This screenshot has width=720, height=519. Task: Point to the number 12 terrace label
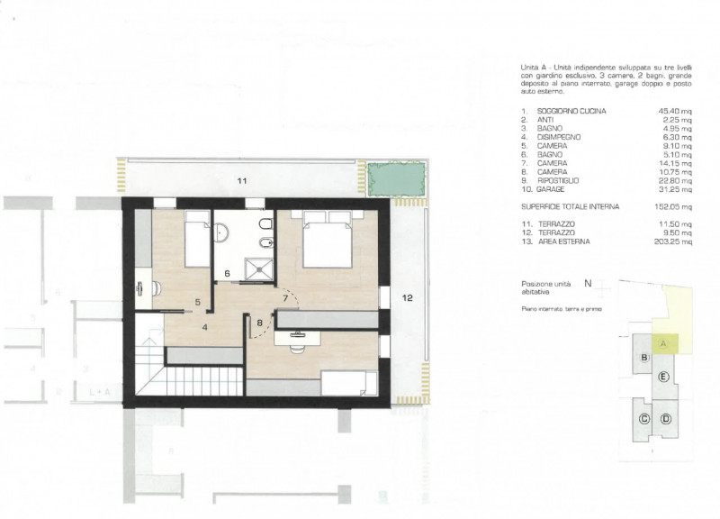(x=407, y=297)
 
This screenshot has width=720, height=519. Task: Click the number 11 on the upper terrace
(x=241, y=182)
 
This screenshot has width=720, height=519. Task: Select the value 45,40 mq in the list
(x=675, y=111)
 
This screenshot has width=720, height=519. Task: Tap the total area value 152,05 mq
(x=674, y=206)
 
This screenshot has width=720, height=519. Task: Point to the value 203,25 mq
(x=674, y=241)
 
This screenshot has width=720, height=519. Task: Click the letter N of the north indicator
(x=587, y=283)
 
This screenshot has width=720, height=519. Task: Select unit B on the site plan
(x=644, y=358)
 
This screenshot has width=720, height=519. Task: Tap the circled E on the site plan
(x=663, y=376)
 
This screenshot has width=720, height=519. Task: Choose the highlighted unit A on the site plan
(x=663, y=343)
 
